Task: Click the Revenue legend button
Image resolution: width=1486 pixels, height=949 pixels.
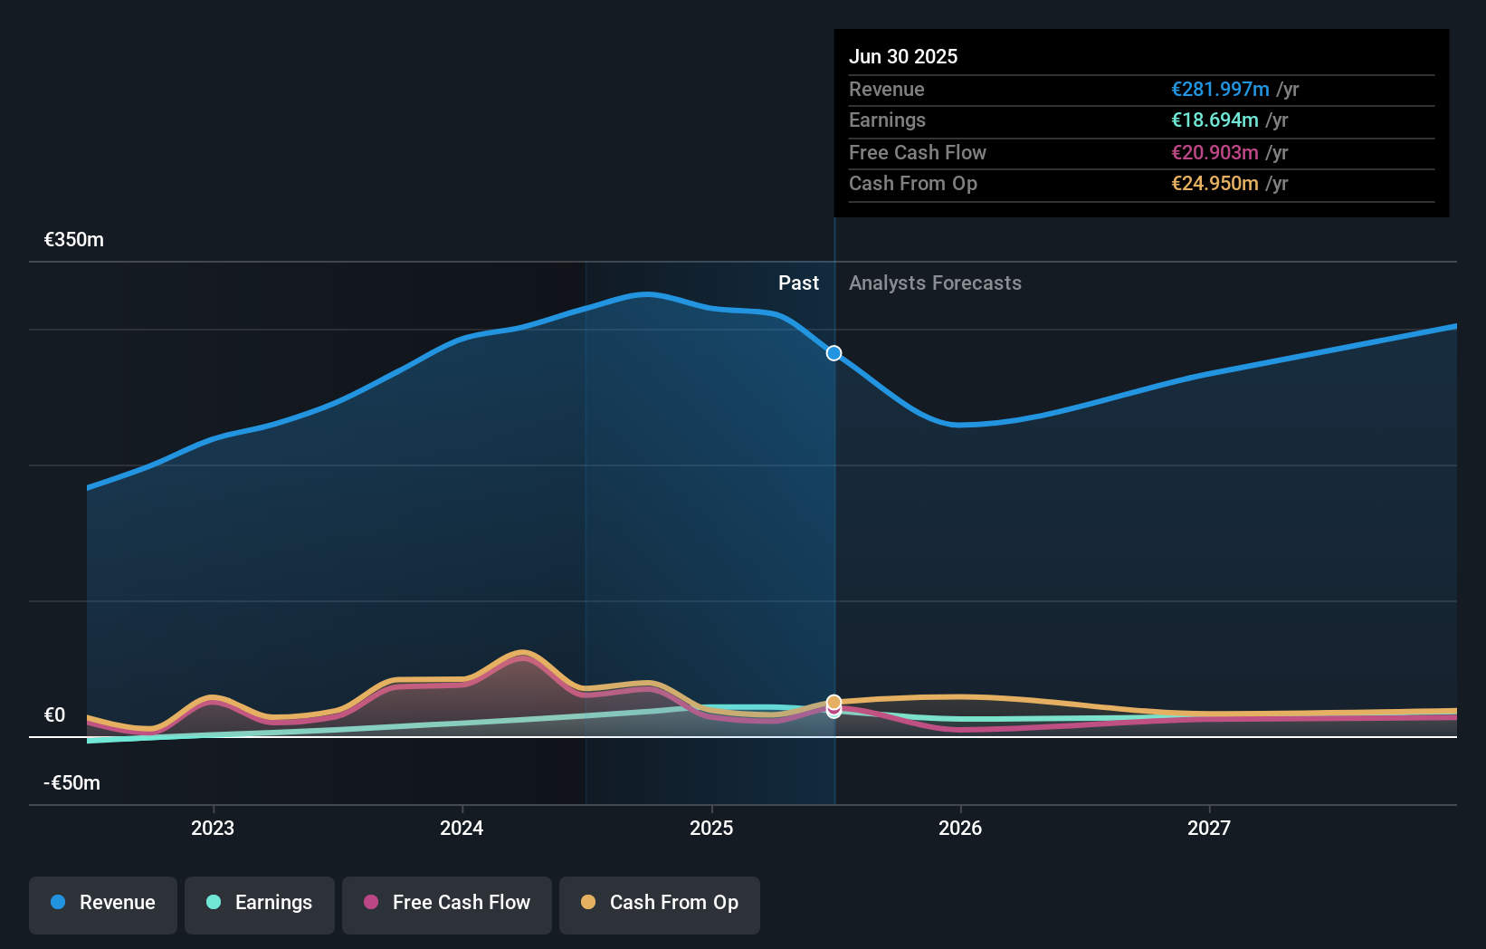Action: (103, 903)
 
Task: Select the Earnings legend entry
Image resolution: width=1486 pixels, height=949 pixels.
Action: (260, 903)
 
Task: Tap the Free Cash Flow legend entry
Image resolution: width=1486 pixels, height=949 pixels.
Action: (447, 903)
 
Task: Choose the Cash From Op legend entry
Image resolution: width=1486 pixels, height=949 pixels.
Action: (660, 903)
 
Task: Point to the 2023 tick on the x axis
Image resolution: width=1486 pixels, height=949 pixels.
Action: (213, 828)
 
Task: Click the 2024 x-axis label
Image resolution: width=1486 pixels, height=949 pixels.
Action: (462, 828)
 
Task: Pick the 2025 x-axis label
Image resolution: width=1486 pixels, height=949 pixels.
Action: (711, 828)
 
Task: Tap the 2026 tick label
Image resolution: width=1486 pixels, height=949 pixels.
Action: (960, 828)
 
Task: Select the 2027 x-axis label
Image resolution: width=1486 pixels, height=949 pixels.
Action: (1209, 828)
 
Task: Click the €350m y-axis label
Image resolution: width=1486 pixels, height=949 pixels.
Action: (74, 240)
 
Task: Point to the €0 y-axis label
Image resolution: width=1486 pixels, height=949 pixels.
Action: (55, 715)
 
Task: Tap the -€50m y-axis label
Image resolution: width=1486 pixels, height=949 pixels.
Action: (72, 783)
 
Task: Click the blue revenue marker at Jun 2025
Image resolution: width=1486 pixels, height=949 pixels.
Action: (834, 353)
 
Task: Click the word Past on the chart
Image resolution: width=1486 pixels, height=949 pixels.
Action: (798, 283)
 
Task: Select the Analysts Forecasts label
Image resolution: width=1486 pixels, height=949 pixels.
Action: (935, 283)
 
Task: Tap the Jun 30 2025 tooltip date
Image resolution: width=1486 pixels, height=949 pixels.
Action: (903, 56)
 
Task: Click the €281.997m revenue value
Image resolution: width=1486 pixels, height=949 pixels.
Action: (1220, 90)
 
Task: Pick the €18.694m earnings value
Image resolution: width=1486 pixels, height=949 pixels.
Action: (1215, 120)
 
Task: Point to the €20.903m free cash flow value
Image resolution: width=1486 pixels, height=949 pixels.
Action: (1215, 153)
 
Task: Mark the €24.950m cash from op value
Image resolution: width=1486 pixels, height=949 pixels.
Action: (1215, 184)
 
